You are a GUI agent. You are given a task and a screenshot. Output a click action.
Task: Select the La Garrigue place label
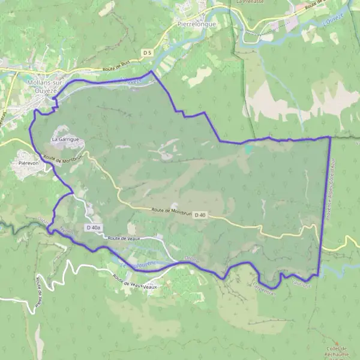[65, 139]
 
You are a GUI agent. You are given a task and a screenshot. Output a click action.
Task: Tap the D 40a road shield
[93, 228]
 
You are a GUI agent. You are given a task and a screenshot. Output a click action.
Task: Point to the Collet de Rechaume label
[339, 352]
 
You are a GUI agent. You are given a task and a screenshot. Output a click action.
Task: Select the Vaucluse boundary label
[301, 278]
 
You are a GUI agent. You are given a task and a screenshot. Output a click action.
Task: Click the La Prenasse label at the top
[250, 2]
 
